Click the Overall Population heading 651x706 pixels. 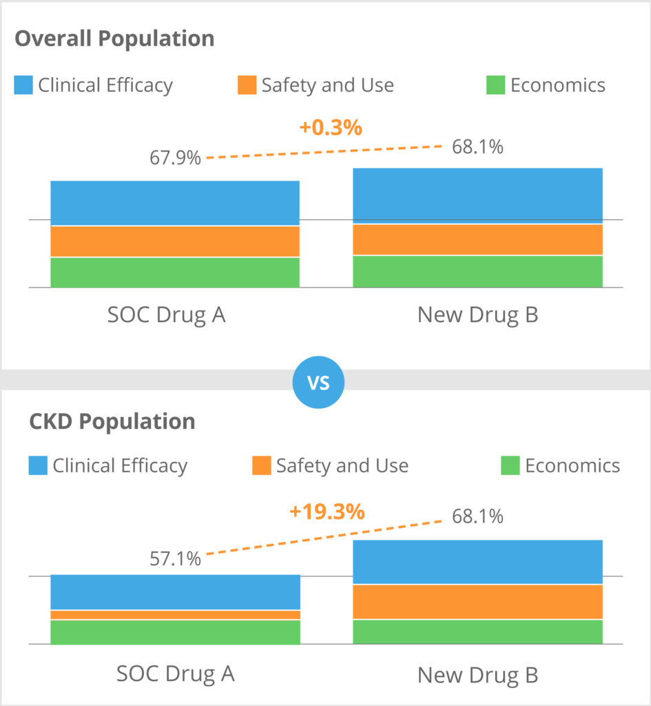click(x=114, y=39)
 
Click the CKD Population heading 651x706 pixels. click(x=112, y=421)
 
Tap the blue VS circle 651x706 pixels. click(x=318, y=382)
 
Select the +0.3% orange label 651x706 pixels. click(x=331, y=128)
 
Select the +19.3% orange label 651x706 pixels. click(x=327, y=512)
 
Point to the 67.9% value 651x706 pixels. click(x=176, y=158)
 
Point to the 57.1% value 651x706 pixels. click(x=176, y=558)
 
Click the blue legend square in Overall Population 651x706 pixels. click(x=23, y=85)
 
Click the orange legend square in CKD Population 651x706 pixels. click(x=262, y=465)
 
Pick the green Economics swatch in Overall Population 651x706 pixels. click(x=495, y=85)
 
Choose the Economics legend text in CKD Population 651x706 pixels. click(x=572, y=466)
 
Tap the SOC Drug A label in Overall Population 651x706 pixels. click(x=167, y=315)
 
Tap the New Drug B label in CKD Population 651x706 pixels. click(x=477, y=675)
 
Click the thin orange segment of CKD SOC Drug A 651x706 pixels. click(x=175, y=615)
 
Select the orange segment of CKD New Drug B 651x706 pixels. click(x=477, y=602)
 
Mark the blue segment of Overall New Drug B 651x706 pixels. click(x=477, y=196)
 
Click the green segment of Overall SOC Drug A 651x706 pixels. click(x=175, y=272)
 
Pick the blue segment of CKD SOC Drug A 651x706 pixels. click(x=175, y=592)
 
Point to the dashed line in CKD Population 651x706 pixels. click(x=324, y=538)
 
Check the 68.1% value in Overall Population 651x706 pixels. click(x=477, y=147)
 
